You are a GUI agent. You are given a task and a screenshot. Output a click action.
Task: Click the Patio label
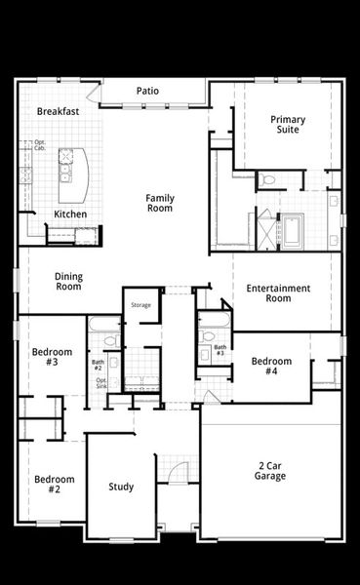click(x=147, y=91)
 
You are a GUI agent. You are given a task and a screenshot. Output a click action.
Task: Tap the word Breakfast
click(x=58, y=112)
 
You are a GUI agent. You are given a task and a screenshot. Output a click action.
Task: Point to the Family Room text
click(x=160, y=203)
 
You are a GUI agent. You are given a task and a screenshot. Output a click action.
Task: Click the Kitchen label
click(x=70, y=214)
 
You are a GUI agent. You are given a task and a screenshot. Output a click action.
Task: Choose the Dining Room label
click(x=68, y=282)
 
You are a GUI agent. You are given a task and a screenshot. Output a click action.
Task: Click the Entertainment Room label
click(x=278, y=293)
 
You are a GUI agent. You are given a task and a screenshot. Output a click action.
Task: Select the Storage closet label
click(x=141, y=305)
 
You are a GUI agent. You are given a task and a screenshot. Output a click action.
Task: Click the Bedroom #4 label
click(x=271, y=367)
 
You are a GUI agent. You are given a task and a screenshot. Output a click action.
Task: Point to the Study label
click(x=121, y=487)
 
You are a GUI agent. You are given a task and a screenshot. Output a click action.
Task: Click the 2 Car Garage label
click(x=270, y=470)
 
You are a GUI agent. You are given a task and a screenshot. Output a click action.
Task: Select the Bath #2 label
click(x=99, y=366)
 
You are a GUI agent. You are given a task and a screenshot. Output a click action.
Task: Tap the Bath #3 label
click(x=220, y=350)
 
